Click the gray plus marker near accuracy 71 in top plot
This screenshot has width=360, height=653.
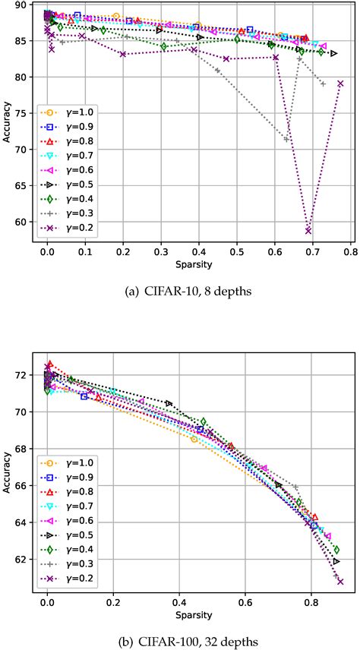(x=286, y=139)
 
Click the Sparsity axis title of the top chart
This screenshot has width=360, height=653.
(x=194, y=266)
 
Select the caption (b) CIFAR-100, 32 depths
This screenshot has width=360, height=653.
(x=180, y=642)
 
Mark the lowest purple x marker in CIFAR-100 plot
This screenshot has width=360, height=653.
(x=340, y=582)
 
